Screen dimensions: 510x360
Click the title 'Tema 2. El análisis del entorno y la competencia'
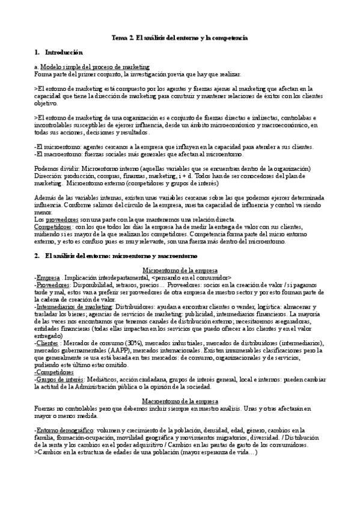tap(180, 38)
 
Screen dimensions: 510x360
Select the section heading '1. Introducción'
tap(58, 53)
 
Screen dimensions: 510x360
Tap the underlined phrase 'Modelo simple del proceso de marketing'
tap(95, 67)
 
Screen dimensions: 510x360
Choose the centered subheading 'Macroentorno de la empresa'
tap(180, 401)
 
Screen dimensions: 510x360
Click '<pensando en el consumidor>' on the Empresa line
tap(192, 278)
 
